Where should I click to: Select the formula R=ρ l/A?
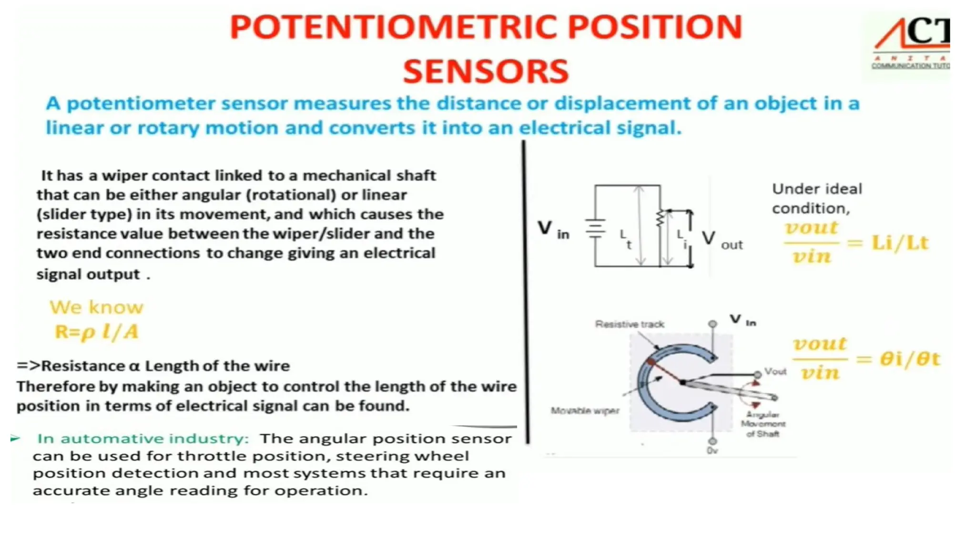click(96, 332)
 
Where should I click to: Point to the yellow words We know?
click(96, 307)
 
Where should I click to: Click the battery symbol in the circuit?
click(595, 228)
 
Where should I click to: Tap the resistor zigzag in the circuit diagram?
click(660, 219)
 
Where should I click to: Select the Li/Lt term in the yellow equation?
click(900, 243)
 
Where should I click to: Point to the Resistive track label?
click(629, 325)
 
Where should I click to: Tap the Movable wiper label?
click(585, 411)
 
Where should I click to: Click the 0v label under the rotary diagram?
click(712, 451)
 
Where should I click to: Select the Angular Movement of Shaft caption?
click(762, 424)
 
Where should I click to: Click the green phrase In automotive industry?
click(143, 438)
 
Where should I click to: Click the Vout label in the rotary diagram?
click(775, 371)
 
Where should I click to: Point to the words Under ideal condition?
click(817, 198)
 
